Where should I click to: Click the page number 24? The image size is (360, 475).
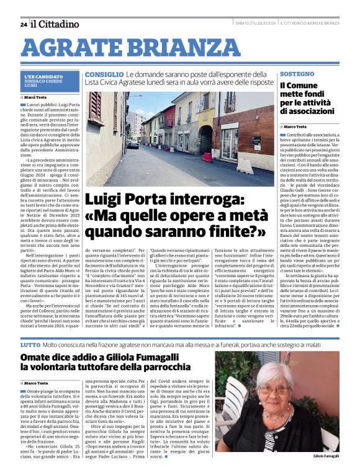(x=23, y=25)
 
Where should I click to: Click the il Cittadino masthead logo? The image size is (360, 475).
(x=56, y=24)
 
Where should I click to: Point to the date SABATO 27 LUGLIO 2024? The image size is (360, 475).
(x=255, y=24)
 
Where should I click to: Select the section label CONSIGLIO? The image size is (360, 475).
(x=100, y=74)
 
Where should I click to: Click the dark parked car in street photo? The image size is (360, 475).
(x=133, y=144)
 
